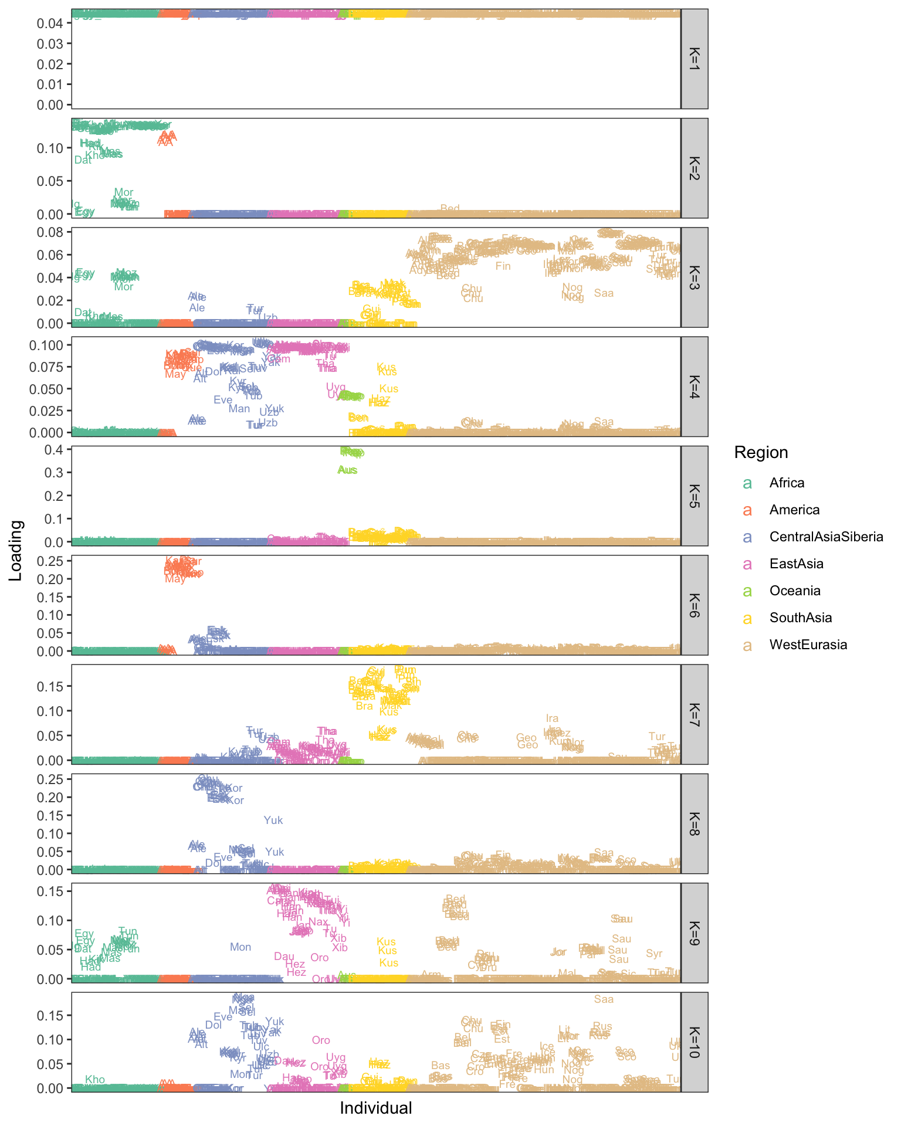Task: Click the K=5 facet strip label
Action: [694, 496]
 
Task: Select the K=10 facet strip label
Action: [694, 1042]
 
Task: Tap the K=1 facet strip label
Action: [694, 59]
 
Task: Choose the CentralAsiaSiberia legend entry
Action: [826, 537]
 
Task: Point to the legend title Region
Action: [761, 452]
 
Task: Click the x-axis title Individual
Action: [376, 1108]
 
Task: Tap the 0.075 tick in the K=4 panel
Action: [47, 367]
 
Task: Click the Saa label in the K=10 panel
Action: [604, 999]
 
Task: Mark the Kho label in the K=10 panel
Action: [95, 1080]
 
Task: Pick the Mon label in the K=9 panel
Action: [241, 947]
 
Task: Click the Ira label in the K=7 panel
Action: [552, 718]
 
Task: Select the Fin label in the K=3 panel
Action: [503, 266]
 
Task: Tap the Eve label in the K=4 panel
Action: [223, 400]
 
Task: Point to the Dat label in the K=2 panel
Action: [83, 160]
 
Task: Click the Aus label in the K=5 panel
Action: [347, 470]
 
